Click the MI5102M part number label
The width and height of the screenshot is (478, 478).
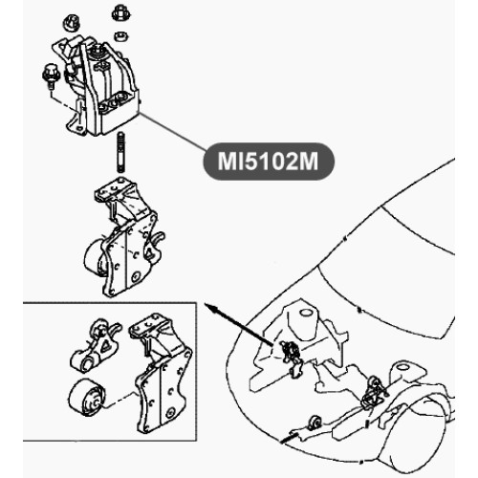point(269,162)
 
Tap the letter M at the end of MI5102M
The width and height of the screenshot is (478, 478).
point(308,162)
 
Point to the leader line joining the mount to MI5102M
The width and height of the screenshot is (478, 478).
point(173,132)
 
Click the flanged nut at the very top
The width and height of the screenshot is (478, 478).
point(119,13)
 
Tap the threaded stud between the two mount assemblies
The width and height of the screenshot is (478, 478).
point(120,152)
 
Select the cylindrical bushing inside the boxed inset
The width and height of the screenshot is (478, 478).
point(85,398)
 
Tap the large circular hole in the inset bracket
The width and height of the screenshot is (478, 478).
point(171,411)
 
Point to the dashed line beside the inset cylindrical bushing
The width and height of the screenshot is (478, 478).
point(119,399)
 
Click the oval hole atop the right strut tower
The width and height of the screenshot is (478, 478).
point(402,366)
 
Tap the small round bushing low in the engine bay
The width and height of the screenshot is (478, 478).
point(315,423)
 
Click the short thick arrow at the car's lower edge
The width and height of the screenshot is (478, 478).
point(289,438)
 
